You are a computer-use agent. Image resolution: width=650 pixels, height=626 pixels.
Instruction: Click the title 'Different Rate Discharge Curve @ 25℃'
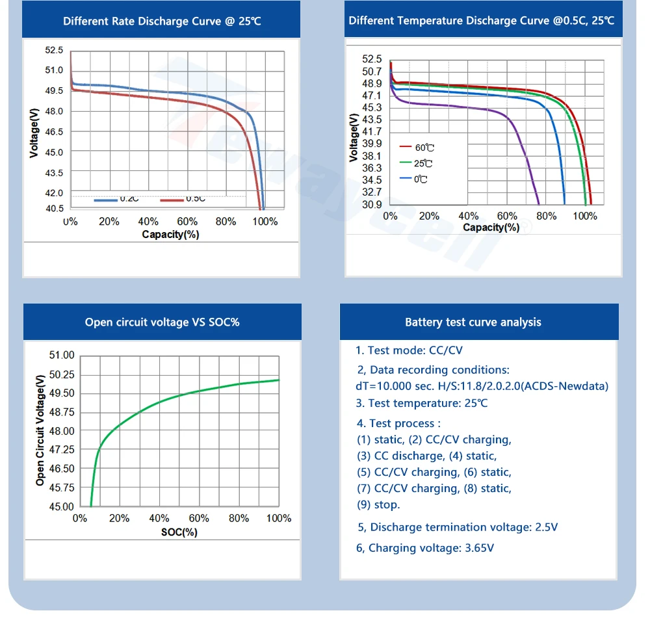162,21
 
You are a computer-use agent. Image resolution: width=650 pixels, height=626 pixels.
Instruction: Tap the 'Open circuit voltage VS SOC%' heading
162,322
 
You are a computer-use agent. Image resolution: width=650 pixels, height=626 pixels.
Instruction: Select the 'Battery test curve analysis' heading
473,322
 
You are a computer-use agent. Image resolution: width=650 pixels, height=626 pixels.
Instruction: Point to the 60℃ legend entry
424,148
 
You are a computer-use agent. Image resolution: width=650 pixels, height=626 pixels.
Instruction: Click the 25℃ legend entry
423,164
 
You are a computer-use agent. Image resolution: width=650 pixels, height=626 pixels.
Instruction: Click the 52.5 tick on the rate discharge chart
55,50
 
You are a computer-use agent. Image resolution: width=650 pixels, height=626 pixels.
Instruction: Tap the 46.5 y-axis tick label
55,132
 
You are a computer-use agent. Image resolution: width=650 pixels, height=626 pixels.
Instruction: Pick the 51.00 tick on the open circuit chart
62,356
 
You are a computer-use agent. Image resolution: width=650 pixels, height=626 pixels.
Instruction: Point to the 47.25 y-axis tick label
62,450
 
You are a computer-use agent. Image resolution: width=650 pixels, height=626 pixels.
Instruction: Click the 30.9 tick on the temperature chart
372,205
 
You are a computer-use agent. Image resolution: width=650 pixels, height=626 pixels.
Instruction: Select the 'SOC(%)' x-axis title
179,532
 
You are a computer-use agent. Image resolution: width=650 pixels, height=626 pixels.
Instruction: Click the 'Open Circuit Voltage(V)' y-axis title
40,430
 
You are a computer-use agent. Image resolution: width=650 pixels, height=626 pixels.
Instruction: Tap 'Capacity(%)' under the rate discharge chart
170,234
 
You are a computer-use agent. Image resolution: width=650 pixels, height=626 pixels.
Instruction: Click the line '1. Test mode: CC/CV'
409,350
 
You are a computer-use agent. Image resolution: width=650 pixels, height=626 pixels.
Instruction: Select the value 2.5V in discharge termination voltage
546,527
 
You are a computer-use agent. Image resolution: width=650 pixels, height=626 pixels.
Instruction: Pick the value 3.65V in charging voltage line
480,548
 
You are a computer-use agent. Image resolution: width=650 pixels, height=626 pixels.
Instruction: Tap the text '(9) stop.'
378,504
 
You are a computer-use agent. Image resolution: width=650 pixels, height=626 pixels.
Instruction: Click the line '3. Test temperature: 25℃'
422,403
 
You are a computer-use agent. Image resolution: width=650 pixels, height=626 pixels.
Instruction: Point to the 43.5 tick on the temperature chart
372,120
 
